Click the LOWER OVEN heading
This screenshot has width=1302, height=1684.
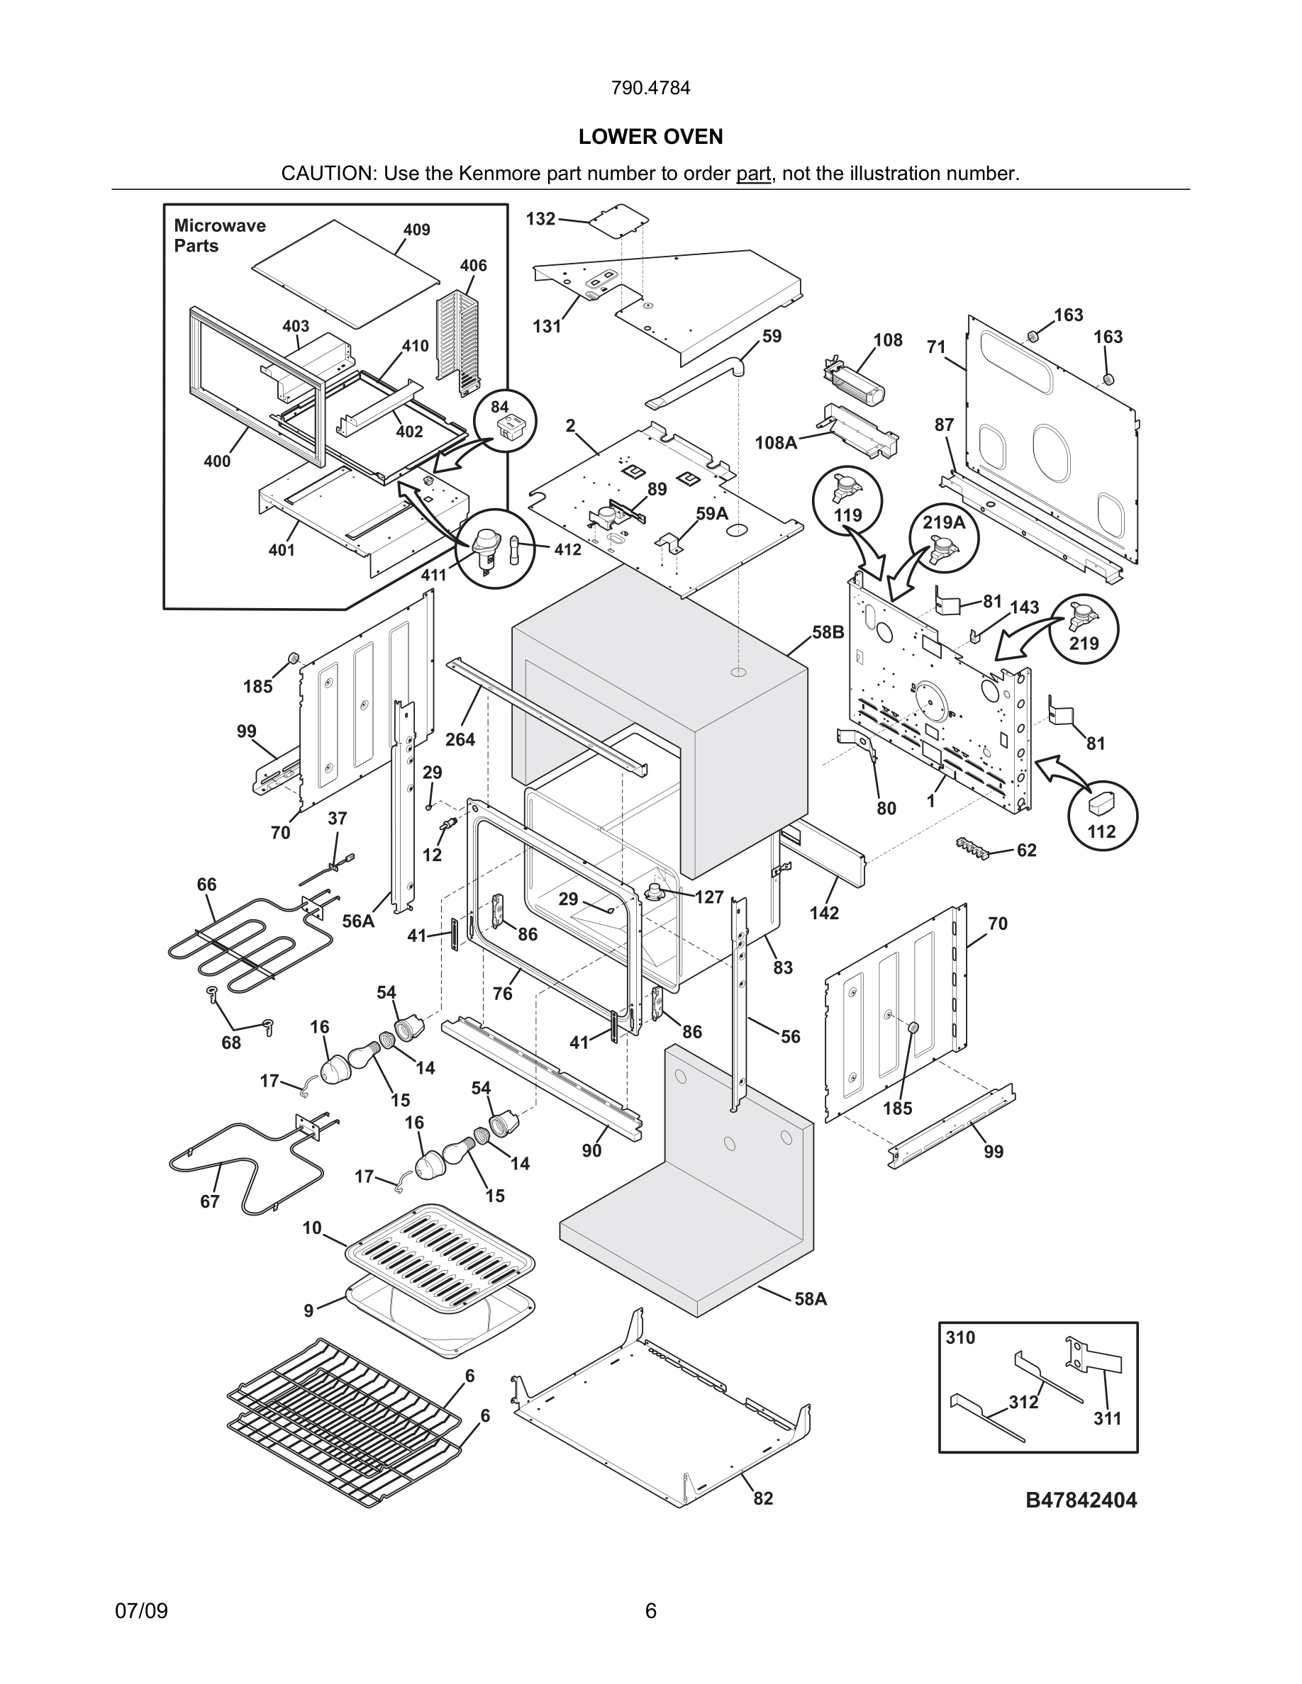point(650,137)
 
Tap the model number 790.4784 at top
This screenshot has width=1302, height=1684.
point(650,88)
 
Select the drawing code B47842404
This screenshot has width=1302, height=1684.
point(1081,1500)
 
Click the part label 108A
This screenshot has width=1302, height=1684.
point(776,442)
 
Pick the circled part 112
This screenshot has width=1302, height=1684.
point(1101,816)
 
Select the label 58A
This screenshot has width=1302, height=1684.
point(811,1299)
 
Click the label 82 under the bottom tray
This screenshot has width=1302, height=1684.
point(763,1498)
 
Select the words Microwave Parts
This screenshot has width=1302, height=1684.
point(219,235)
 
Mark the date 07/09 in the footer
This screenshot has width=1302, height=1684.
point(141,1611)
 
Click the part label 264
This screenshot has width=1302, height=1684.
point(460,739)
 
